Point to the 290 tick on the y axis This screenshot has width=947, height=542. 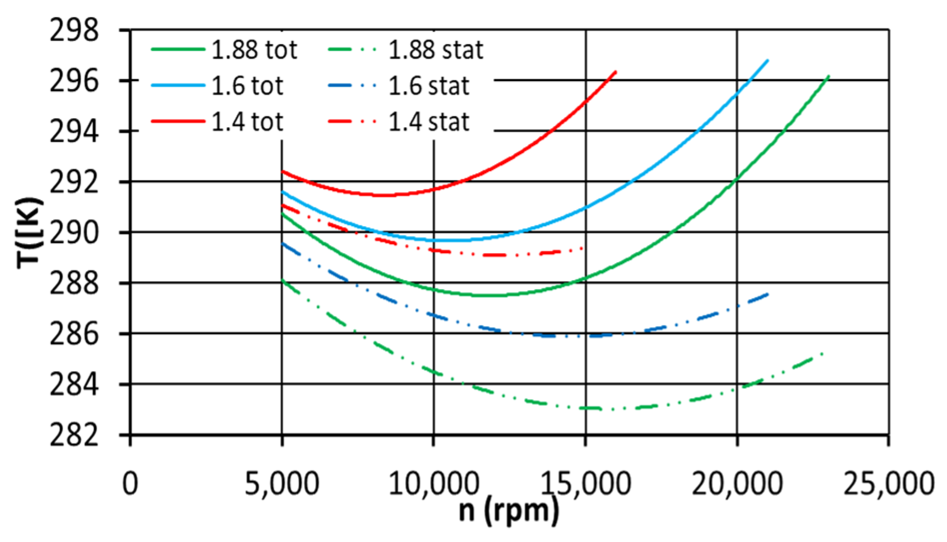74,232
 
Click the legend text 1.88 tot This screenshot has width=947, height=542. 254,50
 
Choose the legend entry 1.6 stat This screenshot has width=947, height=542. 429,86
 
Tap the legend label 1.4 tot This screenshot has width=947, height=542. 247,122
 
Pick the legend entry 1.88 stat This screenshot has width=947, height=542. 436,50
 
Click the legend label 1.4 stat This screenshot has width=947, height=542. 429,122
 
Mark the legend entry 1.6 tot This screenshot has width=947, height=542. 247,86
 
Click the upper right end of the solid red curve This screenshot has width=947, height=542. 616,72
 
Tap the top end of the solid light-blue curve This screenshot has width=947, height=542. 767,60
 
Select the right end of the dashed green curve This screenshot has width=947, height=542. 822,353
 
